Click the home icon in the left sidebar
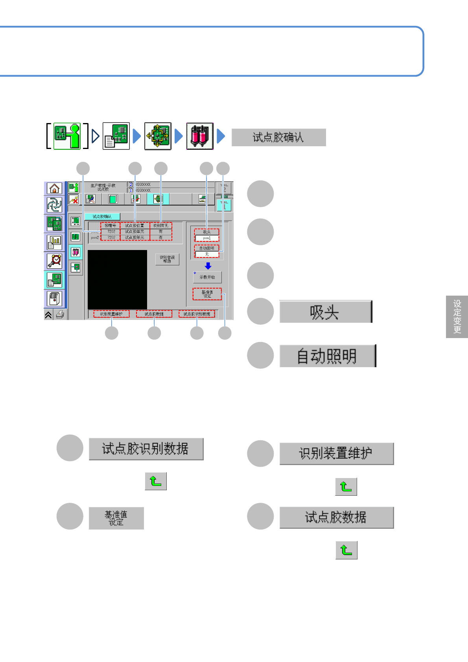54,188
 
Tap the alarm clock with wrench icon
54,261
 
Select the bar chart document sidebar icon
54,242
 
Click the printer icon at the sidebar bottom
60,314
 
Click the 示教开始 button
207,277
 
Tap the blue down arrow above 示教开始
208,266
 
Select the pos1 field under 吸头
207,238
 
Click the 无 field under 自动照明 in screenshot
207,254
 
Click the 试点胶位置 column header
135,226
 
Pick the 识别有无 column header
160,226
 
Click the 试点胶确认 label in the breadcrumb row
278,138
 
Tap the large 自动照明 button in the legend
328,356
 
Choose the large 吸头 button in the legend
325,312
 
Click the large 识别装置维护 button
336,454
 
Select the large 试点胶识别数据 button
146,449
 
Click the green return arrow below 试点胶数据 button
346,550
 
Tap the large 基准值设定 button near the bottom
116,518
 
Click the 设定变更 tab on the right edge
457,316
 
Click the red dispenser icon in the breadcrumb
199,136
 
